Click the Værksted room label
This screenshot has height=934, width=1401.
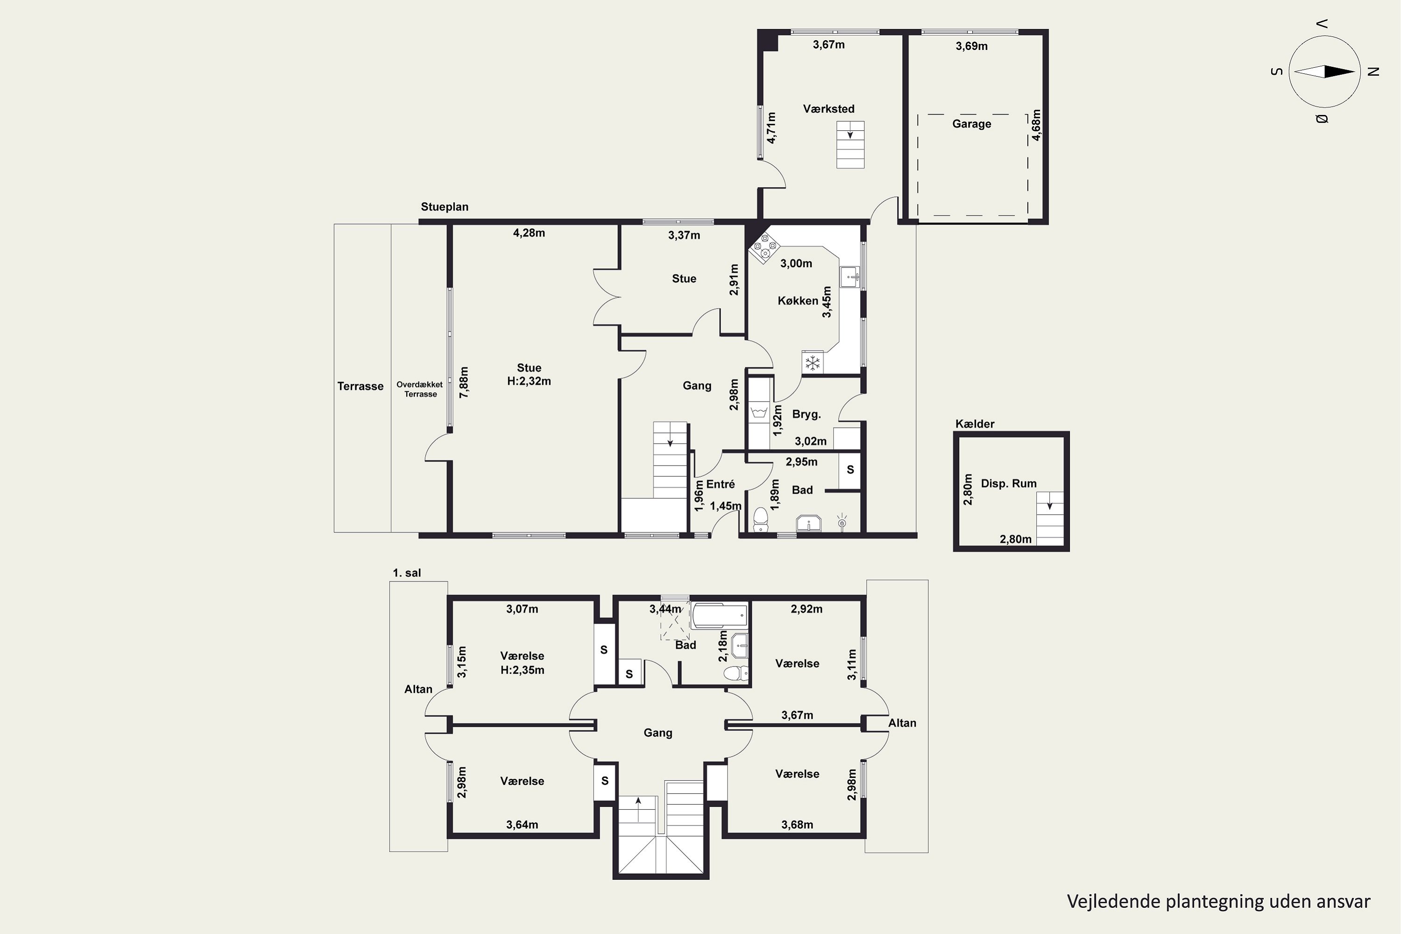pos(828,109)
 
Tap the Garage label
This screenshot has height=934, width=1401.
pos(971,124)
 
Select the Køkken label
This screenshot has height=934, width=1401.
pos(798,301)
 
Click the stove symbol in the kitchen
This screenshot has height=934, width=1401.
pos(764,246)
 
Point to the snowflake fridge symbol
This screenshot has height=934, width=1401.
pos(813,363)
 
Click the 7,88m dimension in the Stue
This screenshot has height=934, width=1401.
pos(464,382)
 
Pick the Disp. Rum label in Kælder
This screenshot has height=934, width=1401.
pos(1008,484)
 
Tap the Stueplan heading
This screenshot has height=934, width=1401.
pos(445,207)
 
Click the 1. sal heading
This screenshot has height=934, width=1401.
pos(406,573)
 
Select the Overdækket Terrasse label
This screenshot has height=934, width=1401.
pos(420,389)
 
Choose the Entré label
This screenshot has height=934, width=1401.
pos(720,484)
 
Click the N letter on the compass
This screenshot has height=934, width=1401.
pos(1373,71)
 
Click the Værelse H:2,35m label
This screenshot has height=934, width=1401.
pos(523,662)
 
